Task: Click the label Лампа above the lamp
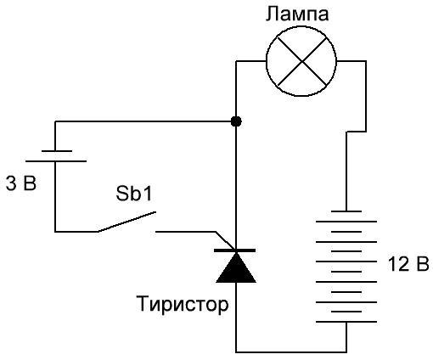[297, 14]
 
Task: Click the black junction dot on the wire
[236, 121]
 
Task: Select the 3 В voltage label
[21, 183]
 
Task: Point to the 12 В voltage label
[408, 264]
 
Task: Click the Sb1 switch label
[134, 194]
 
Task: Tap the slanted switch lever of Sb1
[127, 222]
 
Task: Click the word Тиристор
[183, 304]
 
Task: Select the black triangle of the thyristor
[236, 269]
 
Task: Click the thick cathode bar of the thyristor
[234, 250]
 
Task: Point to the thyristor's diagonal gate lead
[226, 240]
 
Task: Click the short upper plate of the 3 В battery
[57, 151]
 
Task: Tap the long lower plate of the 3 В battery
[56, 161]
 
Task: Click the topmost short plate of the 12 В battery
[346, 211]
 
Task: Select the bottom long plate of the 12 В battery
[346, 322]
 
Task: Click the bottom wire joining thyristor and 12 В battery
[291, 352]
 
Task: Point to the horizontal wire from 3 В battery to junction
[145, 121]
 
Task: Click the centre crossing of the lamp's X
[302, 61]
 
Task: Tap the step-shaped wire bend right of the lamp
[357, 132]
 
